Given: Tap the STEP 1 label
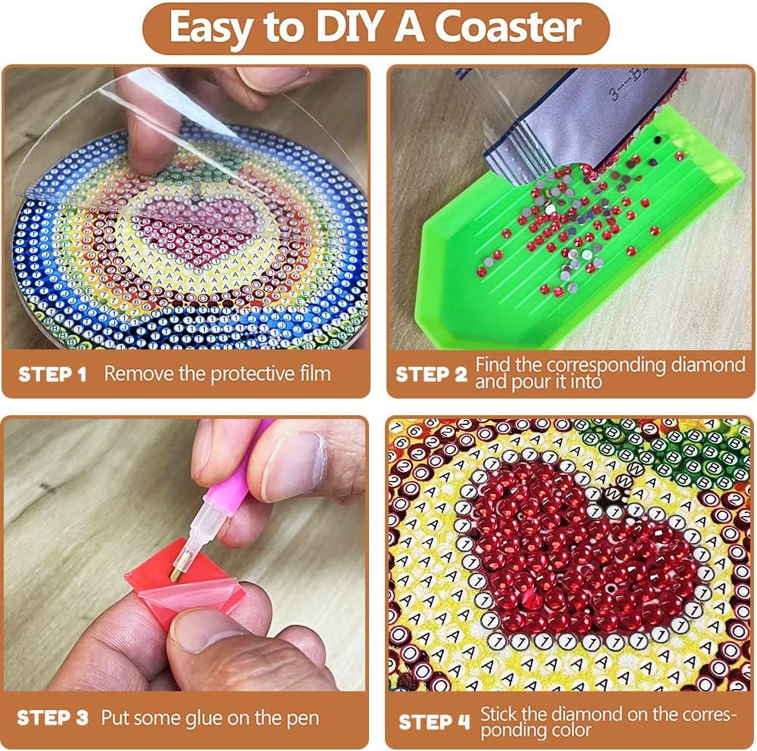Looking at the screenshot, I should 52,374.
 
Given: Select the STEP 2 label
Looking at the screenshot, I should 430,374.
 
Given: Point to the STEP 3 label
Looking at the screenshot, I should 52,717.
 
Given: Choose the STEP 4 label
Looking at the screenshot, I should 433,722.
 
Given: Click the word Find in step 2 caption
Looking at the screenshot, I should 492,365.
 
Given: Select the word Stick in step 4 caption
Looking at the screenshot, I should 498,713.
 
